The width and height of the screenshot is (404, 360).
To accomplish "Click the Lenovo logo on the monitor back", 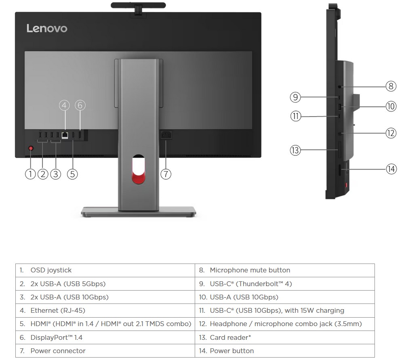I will [x=47, y=28].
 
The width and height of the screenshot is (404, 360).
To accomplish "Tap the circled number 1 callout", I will [x=30, y=174].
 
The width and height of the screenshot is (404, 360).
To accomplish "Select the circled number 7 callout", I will [x=166, y=174].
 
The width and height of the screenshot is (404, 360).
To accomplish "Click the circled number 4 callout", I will [x=64, y=105].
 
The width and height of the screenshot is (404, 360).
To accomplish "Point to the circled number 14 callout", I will [x=391, y=169].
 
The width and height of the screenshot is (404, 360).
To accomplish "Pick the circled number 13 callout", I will [x=295, y=150].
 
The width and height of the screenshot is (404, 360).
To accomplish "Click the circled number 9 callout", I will [x=295, y=97].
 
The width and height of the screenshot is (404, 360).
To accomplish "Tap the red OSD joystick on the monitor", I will [x=31, y=149].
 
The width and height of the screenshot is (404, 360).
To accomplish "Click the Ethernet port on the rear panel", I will [x=65, y=135].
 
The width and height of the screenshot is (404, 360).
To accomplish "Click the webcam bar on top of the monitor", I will [x=138, y=6].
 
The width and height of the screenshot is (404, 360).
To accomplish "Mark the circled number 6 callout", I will [x=80, y=105].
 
